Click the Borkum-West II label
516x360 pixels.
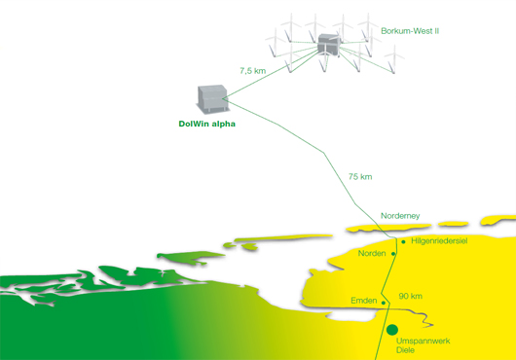(x=410, y=31)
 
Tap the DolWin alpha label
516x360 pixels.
(x=207, y=124)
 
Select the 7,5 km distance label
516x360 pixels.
(x=253, y=71)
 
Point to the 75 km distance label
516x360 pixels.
(x=360, y=176)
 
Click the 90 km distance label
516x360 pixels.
(x=410, y=296)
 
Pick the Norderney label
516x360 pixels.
(x=400, y=216)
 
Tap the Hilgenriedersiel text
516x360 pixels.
(x=439, y=241)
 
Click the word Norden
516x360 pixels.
(x=372, y=253)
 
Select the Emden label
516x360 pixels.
(x=364, y=301)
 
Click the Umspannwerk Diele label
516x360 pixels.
(x=423, y=345)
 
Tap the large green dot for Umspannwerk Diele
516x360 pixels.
(x=392, y=330)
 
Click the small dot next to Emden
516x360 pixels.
(x=384, y=303)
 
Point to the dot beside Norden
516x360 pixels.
(x=393, y=254)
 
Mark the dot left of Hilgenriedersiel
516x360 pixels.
(x=403, y=242)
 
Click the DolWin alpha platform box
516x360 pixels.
(x=212, y=99)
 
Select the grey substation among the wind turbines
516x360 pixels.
(x=328, y=45)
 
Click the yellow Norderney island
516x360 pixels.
(x=388, y=228)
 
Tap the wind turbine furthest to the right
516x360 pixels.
(x=393, y=59)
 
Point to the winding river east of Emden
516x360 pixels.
(x=413, y=314)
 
